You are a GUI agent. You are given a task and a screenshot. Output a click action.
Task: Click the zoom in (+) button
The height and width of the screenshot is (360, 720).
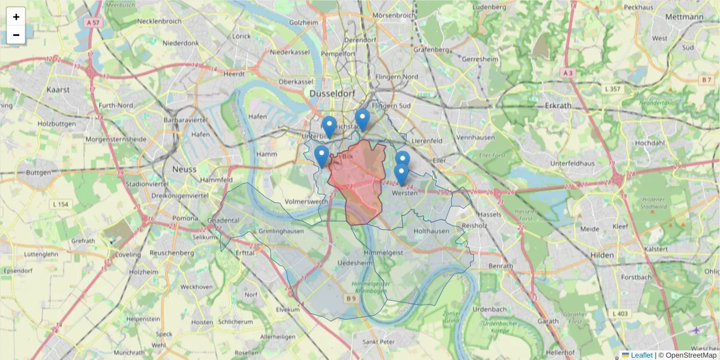pos(16,17)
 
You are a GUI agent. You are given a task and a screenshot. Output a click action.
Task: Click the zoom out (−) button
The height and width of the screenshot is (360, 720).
pos(16,35)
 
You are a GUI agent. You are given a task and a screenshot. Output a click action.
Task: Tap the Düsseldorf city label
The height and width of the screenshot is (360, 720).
pos(332,94)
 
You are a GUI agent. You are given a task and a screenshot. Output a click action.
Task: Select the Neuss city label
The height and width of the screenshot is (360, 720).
pos(184,169)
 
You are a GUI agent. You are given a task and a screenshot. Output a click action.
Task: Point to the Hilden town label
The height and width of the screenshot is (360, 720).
pos(602,254)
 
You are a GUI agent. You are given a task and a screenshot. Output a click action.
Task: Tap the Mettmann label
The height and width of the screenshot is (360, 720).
pos(684,17)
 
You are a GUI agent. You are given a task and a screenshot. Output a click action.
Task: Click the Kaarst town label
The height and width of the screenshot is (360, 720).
pos(58,89)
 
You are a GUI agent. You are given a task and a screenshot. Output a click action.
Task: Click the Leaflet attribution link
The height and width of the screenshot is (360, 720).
pos(641,355)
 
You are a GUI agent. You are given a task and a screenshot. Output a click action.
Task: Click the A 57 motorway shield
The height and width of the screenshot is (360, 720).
pos(92,22)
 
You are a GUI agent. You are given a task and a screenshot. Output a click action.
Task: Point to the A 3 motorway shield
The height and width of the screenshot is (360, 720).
pos(568,73)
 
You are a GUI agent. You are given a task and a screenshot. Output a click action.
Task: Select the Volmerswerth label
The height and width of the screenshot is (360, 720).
pos(307,202)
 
